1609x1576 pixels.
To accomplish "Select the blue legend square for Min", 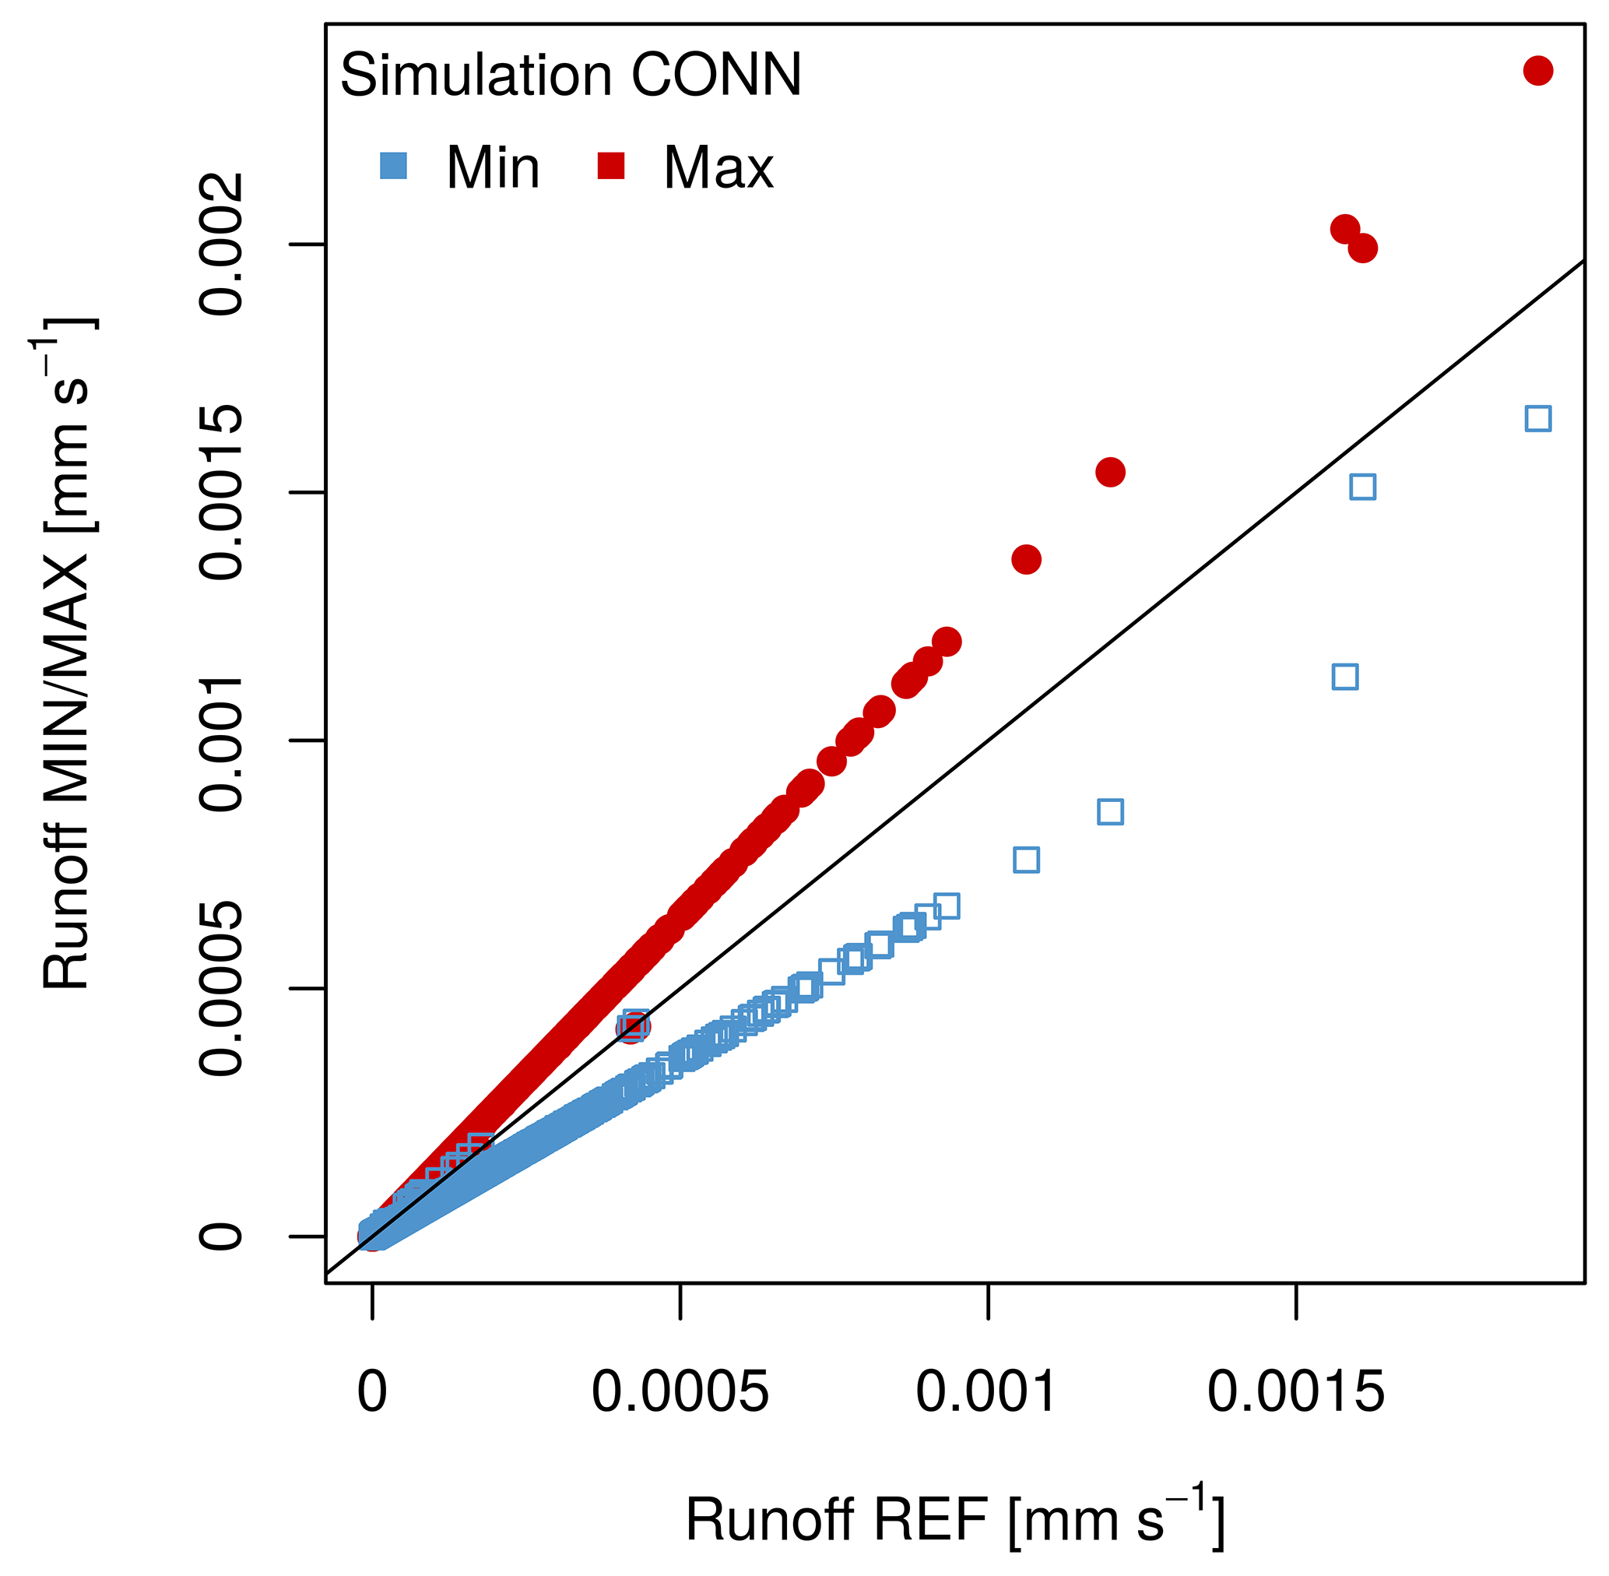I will (x=393, y=166).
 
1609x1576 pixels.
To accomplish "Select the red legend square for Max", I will (x=611, y=166).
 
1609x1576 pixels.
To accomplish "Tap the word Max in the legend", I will (x=718, y=168).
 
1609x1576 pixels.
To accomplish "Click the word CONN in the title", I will (x=716, y=76).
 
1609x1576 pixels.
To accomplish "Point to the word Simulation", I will (x=476, y=76).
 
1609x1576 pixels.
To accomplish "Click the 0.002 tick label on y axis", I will (x=222, y=245).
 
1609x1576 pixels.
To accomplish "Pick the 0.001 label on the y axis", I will (x=222, y=741).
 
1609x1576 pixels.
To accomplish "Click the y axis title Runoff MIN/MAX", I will (x=66, y=654).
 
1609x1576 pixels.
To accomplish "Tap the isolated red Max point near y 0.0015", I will (x=1110, y=473).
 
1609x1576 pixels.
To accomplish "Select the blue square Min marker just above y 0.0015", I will (x=1362, y=487).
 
